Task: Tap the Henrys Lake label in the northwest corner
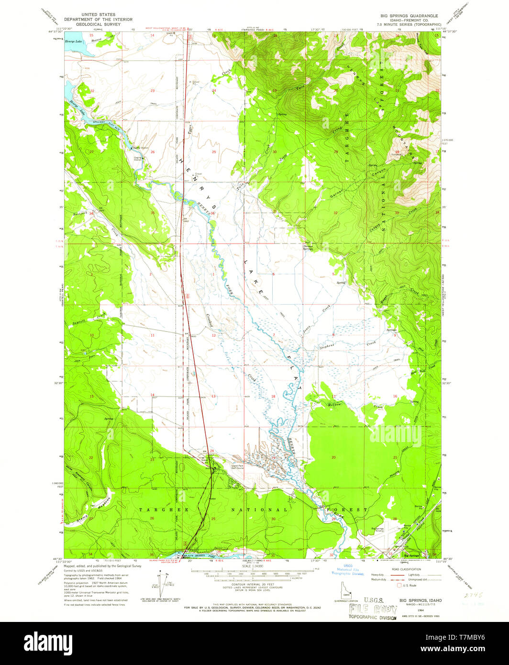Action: [74, 42]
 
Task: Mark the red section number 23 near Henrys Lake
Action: [153, 90]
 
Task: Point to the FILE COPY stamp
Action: [373, 610]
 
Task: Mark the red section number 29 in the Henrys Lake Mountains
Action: [336, 152]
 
